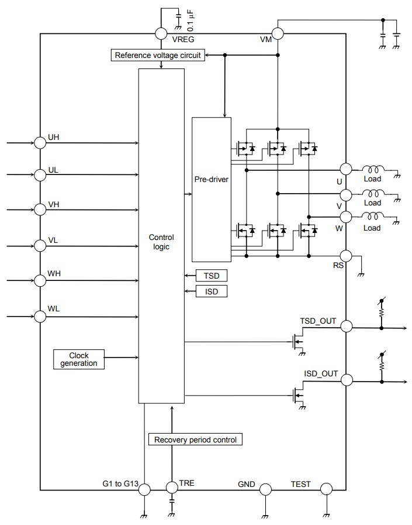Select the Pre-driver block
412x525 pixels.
pos(211,188)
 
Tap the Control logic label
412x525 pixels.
pos(161,242)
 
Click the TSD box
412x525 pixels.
pos(212,275)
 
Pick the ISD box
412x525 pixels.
pos(212,291)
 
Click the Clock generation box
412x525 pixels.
pos(78,359)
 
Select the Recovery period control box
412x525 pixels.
pos(196,440)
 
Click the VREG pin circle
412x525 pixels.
pos(162,34)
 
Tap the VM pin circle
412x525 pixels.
pos(278,34)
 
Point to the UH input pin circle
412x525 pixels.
pos(40,142)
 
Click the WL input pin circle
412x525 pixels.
pos(40,316)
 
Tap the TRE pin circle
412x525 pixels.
pos(172,488)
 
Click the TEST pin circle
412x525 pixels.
pos(326,489)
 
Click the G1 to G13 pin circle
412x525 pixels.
pos(143,489)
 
